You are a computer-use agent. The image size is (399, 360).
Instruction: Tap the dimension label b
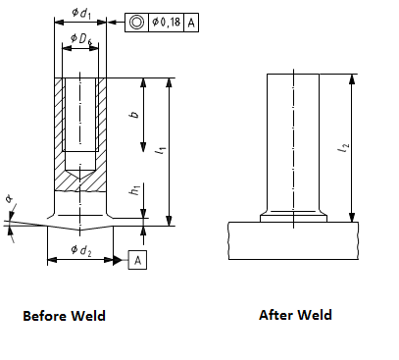(133, 115)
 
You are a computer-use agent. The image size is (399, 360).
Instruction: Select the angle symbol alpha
(8, 201)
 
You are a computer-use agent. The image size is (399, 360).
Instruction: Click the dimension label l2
(341, 148)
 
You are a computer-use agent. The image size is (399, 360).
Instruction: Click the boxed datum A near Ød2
(137, 260)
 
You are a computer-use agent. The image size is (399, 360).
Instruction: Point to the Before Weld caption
(64, 316)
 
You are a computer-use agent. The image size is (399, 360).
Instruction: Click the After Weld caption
(295, 315)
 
